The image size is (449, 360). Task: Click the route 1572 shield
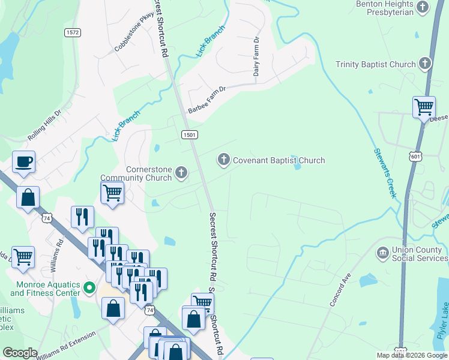[73, 32]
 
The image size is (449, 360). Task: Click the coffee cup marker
[23, 161]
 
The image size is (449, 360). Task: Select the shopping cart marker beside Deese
[424, 107]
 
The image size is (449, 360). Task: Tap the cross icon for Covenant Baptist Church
[223, 160]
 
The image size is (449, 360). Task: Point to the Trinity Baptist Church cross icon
[425, 64]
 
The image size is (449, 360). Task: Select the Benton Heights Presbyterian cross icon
[424, 7]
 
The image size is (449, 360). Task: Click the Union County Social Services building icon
[382, 253]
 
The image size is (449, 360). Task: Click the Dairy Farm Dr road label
[256, 56]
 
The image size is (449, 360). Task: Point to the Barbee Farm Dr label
[206, 100]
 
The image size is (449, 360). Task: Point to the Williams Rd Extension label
[65, 348]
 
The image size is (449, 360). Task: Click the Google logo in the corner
[20, 353]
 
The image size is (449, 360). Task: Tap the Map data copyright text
[412, 355]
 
